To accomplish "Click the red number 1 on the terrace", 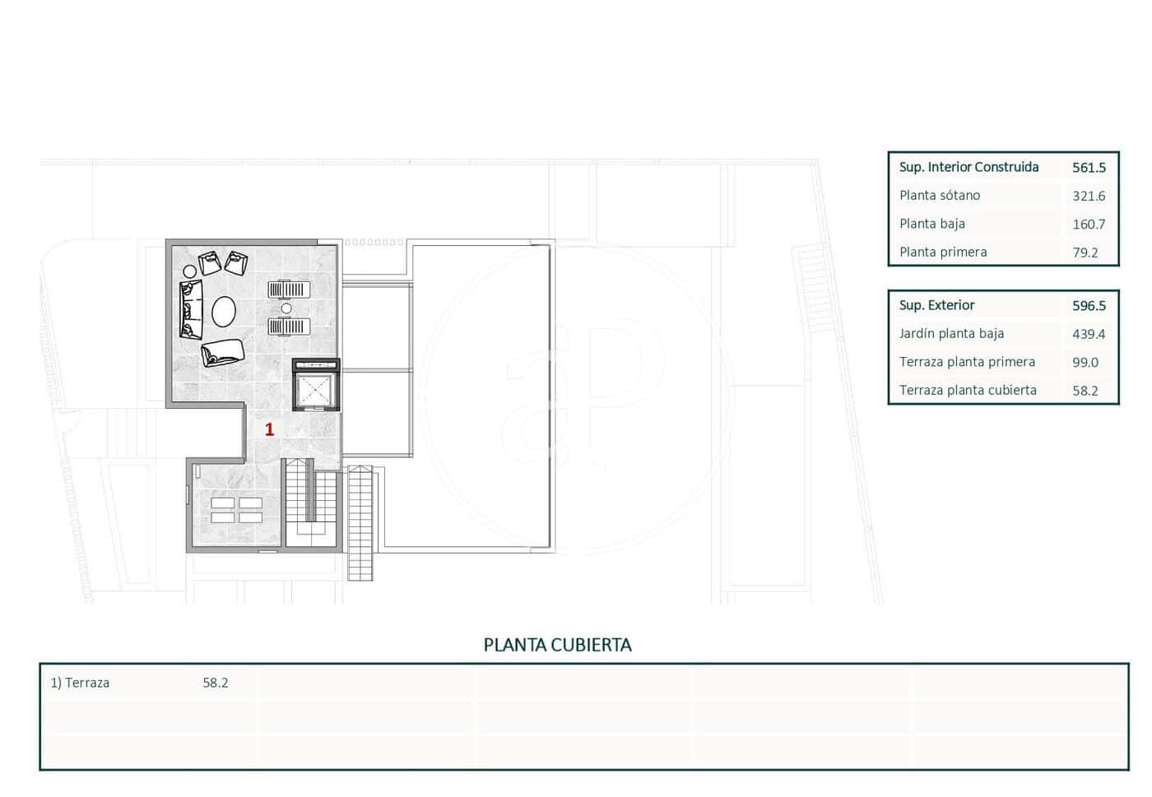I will [x=269, y=429].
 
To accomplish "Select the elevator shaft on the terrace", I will [x=316, y=390].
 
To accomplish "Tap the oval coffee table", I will [x=224, y=312].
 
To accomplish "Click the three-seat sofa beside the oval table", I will [x=190, y=310].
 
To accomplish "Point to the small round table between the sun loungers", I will [x=286, y=308].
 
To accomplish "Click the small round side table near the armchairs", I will [x=190, y=271].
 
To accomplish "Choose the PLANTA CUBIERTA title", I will [x=557, y=646].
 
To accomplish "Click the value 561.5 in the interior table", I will [x=1089, y=168].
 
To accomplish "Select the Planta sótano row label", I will [x=940, y=196].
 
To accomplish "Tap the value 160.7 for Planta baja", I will [x=1089, y=225].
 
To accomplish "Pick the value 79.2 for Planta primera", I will [x=1085, y=253].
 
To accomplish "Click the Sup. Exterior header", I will [x=936, y=305].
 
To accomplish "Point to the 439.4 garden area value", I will [x=1089, y=334].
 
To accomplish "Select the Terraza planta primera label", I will [x=967, y=362].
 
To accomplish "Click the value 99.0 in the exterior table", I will [x=1085, y=363].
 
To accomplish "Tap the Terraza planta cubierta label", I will [x=968, y=391].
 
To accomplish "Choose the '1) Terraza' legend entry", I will [x=80, y=683].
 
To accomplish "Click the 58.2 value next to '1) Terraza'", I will [x=216, y=683].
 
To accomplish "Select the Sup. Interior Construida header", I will [x=969, y=167].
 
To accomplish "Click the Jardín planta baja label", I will [x=951, y=334].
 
